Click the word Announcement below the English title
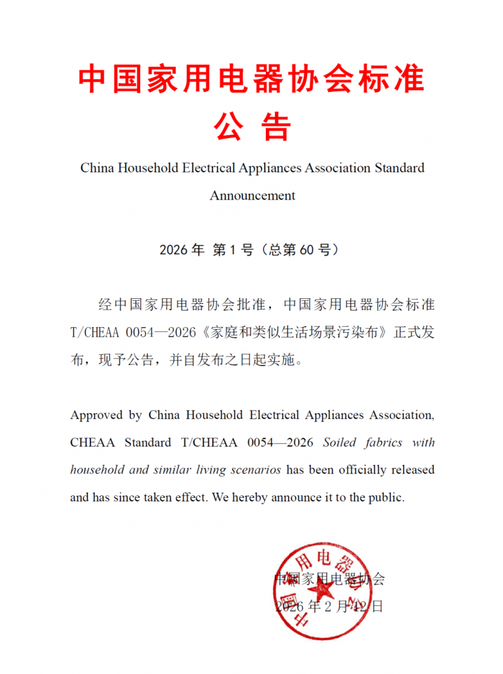tap(252, 195)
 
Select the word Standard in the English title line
tap(399, 168)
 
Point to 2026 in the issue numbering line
tap(174, 250)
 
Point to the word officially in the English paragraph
tap(357, 469)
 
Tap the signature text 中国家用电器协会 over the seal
tap(329, 579)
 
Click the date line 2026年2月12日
tap(329, 607)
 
